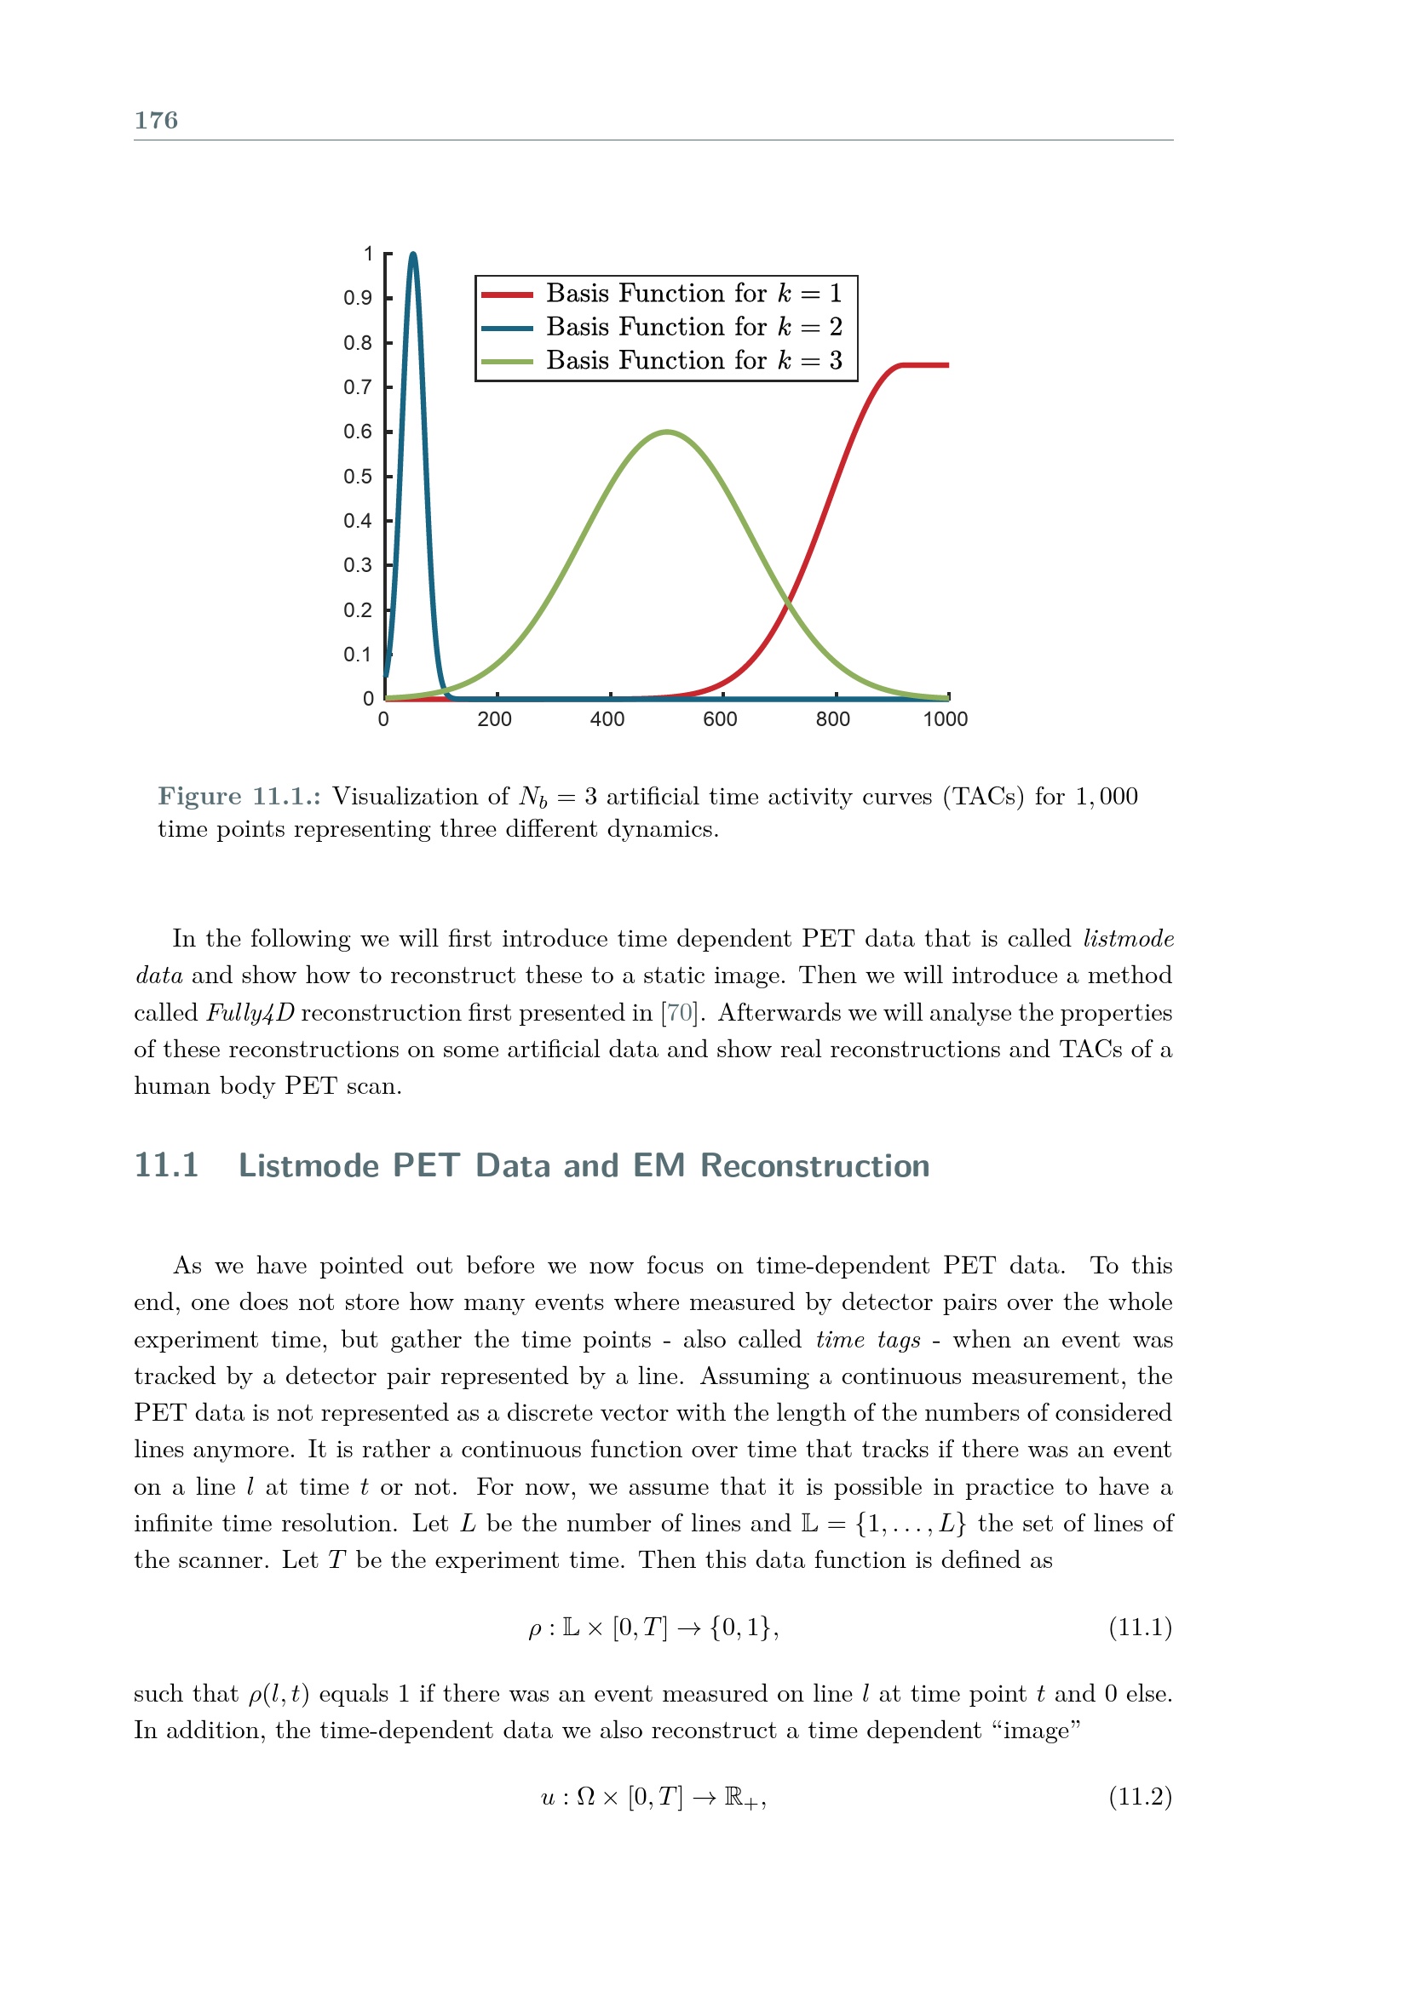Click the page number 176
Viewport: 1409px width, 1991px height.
coord(156,121)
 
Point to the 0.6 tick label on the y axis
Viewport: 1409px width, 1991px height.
coord(358,432)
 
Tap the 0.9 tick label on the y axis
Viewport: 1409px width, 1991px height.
coord(358,298)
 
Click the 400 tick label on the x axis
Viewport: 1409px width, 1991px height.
coord(607,719)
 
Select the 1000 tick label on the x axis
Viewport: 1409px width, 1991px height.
coord(945,719)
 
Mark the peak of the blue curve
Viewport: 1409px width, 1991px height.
coord(413,255)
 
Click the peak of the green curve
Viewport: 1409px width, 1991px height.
coord(666,432)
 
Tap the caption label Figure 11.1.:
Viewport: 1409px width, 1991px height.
coord(239,796)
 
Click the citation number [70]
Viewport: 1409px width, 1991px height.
coord(679,1013)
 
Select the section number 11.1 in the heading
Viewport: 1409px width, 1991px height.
coord(167,1165)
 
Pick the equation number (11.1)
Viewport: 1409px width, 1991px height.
coord(1140,1628)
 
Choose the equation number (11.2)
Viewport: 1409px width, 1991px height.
coord(1140,1797)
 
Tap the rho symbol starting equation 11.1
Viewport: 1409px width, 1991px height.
coord(534,1630)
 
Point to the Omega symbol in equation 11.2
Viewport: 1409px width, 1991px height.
coord(585,1797)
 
